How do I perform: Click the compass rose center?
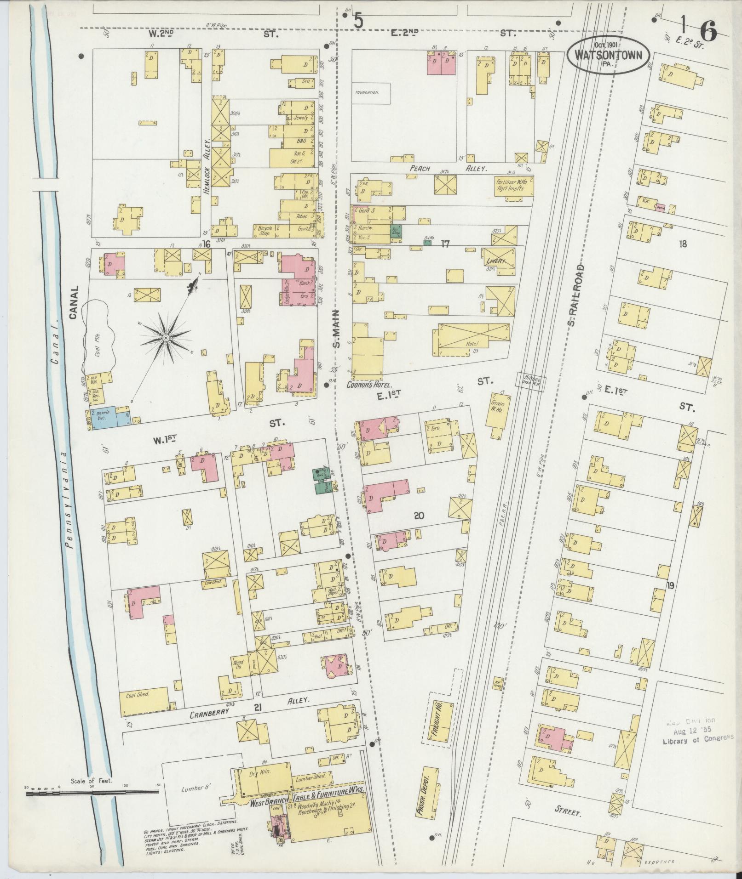coord(164,338)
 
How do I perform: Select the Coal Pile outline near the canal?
coord(97,336)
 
